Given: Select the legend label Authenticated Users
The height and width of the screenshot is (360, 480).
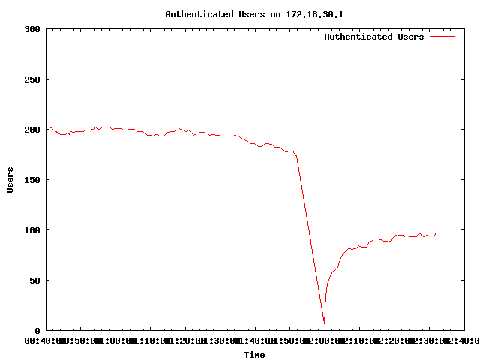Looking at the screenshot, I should click(373, 37).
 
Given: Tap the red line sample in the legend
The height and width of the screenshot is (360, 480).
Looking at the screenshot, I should click(442, 37).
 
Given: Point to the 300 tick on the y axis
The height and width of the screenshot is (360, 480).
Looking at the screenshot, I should click(31, 29).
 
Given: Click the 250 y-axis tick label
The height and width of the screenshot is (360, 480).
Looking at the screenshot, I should click(31, 79).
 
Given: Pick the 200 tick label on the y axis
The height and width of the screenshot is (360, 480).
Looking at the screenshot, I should click(31, 130).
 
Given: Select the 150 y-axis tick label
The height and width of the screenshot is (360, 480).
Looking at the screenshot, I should click(31, 180).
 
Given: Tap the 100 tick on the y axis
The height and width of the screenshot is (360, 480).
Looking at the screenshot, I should click(31, 230).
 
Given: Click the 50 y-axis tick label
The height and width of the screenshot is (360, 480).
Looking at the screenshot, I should click(34, 280).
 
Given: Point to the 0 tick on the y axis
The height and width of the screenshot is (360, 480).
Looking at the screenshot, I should click(37, 331).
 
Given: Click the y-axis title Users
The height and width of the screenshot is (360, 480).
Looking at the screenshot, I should click(10, 180).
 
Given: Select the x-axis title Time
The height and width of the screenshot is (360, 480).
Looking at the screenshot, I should click(254, 355).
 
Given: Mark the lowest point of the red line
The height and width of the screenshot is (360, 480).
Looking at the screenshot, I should click(324, 323).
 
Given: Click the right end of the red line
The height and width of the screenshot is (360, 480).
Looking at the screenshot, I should click(440, 232).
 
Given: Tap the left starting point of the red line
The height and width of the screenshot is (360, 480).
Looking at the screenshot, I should click(47, 127).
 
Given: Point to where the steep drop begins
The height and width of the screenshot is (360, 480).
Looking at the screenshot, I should click(297, 156).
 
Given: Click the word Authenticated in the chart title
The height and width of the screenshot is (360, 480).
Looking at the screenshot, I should click(196, 14).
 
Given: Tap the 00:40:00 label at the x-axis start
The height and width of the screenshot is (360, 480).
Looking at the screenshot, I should click(46, 340).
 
